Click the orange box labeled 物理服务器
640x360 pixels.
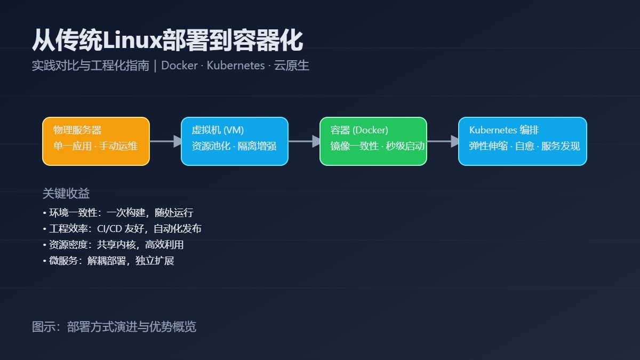96,141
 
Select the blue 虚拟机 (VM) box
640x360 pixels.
235,141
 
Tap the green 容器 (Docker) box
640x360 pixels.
373,141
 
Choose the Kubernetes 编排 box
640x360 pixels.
523,141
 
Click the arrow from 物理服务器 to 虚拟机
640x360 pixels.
165,141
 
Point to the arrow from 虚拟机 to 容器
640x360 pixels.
304,141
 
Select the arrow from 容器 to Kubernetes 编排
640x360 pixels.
443,141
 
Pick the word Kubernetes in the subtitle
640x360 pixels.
236,66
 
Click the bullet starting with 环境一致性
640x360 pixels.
118,213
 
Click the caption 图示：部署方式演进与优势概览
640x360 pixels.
114,326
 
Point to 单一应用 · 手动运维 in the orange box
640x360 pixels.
95,146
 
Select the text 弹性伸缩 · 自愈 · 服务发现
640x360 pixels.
524,146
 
